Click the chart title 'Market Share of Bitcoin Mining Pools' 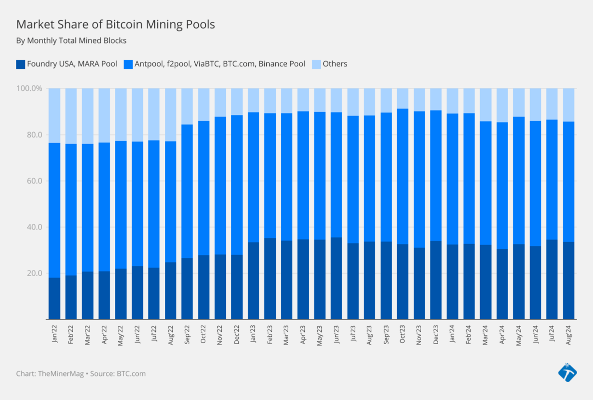click(x=115, y=24)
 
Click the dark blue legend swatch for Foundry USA click(x=20, y=64)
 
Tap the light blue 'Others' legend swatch click(x=316, y=64)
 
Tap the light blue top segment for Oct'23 click(x=403, y=98)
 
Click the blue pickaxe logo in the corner click(x=567, y=372)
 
